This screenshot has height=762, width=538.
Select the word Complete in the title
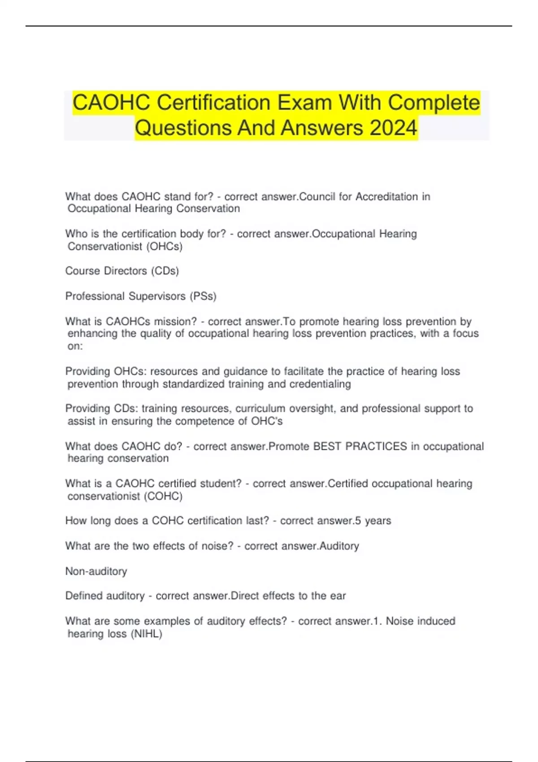[434, 103]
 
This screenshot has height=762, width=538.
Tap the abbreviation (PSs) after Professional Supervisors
[203, 296]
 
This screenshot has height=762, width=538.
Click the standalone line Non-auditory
[96, 571]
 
